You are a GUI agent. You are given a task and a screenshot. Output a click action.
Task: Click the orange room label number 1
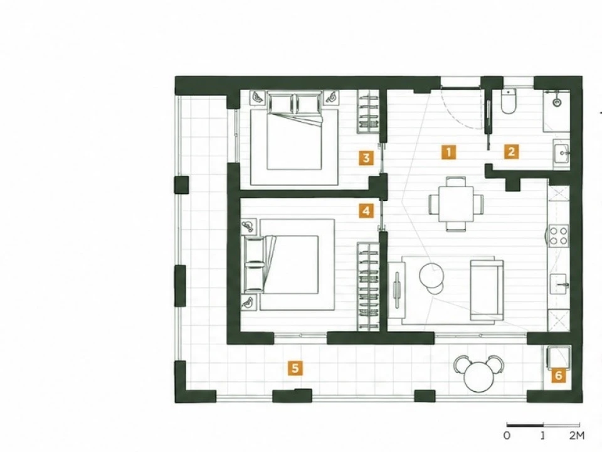click(449, 152)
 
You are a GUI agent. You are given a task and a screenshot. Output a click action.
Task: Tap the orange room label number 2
click(511, 152)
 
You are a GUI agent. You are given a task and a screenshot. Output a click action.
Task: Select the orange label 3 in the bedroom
click(366, 158)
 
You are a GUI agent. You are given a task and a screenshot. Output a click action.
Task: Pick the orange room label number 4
click(366, 211)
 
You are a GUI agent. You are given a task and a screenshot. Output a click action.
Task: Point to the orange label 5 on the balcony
click(295, 369)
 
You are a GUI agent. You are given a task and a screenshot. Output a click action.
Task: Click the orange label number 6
click(559, 375)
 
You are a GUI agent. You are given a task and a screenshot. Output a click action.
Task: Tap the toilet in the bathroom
click(509, 102)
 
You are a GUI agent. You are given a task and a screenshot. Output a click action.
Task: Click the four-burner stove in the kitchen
click(558, 235)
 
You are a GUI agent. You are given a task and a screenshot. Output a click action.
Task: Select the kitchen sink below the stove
click(559, 284)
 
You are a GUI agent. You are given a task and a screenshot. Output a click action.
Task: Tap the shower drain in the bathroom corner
click(557, 102)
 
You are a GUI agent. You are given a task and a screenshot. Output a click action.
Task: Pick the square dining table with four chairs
click(456, 204)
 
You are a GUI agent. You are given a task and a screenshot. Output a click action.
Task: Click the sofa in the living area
click(487, 290)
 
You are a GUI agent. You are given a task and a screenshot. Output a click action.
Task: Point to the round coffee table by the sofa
click(431, 275)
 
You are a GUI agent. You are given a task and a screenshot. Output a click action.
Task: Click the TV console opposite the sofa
click(397, 290)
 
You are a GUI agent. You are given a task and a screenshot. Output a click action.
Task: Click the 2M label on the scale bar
click(577, 436)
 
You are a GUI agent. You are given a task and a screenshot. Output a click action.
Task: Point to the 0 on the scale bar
click(507, 436)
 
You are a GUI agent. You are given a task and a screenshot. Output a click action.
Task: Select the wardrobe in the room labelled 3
click(369, 112)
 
